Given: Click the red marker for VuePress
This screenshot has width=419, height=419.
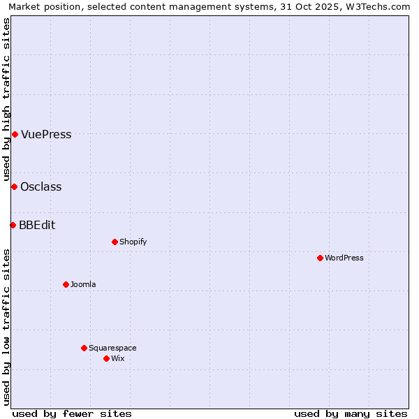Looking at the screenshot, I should pos(15,134).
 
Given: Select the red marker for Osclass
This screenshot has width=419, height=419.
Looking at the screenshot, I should pos(14,186).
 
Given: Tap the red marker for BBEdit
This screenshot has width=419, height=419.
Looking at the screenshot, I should pos(13,225).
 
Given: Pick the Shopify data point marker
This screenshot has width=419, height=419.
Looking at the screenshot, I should pos(115,242).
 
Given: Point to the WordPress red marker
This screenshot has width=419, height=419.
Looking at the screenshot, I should pos(320,258).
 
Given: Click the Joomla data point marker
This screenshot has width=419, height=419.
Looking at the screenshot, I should pos(66,284).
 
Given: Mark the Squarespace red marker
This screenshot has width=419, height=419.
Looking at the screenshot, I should pos(84,348).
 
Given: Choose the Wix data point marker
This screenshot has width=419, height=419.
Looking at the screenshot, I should pos(106,358).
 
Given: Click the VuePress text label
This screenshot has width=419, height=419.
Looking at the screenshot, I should pos(46,135).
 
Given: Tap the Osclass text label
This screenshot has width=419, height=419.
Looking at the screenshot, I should pos(41,187).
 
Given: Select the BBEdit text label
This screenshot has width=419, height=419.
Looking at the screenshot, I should pos(37,226).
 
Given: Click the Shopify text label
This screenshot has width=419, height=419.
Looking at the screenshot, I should pos(133,242).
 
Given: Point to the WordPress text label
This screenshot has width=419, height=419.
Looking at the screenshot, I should pos(344,258).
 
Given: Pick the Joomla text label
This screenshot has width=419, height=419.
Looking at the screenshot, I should pos(83,285).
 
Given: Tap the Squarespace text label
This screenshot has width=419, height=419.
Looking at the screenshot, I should pos(112,348).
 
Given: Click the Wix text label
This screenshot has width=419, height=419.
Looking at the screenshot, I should pos(117,359).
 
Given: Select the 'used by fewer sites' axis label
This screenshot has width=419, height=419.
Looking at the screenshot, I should pos(72,413).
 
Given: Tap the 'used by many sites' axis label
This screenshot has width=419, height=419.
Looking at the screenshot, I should pos(351,413).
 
